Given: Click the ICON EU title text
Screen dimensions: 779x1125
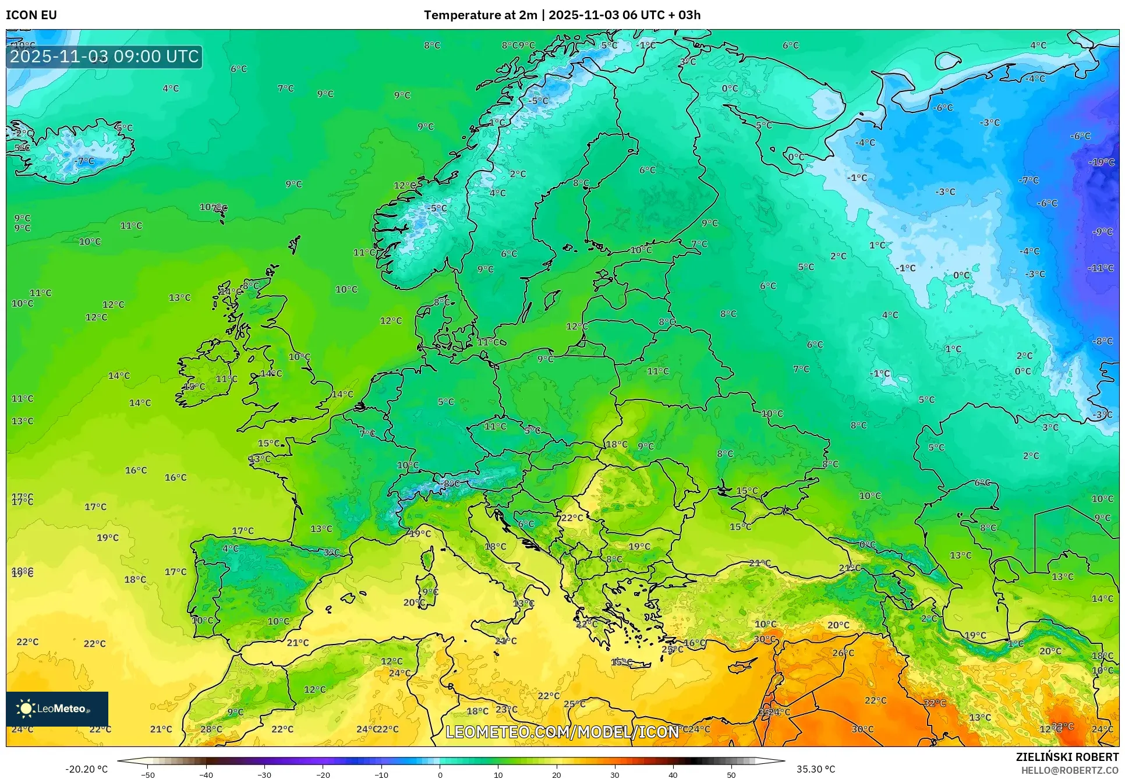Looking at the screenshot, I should [31, 15].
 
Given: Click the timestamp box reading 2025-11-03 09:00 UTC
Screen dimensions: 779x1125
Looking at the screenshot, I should [104, 56].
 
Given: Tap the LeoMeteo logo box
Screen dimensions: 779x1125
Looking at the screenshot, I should [57, 709].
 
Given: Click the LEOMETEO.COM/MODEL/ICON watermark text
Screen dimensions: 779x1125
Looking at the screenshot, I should [562, 732].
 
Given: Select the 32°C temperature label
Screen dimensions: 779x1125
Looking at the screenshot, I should [935, 703].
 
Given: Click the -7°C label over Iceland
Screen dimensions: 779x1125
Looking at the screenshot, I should [84, 161].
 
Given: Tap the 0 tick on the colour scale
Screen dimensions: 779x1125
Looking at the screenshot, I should [440, 775].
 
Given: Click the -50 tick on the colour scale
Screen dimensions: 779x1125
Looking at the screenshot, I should [148, 775].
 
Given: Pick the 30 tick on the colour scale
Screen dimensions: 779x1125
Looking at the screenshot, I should [615, 775].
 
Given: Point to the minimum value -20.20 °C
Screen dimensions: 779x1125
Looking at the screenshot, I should [86, 769].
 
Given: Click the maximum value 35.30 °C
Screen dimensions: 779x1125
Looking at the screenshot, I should [816, 769].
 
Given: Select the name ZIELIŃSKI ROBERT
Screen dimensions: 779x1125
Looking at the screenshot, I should [1067, 757].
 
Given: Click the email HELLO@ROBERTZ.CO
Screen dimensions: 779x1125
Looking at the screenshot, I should [1070, 770].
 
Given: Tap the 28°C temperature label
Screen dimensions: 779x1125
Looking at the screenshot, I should [211, 729].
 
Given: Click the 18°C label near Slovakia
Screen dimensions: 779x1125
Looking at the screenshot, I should [617, 445].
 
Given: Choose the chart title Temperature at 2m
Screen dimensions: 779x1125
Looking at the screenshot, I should [480, 15].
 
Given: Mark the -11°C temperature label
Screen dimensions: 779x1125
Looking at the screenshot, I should [1100, 268].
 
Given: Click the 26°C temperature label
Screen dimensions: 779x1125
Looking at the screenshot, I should [843, 653].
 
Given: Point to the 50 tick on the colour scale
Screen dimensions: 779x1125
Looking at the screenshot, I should [731, 775].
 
